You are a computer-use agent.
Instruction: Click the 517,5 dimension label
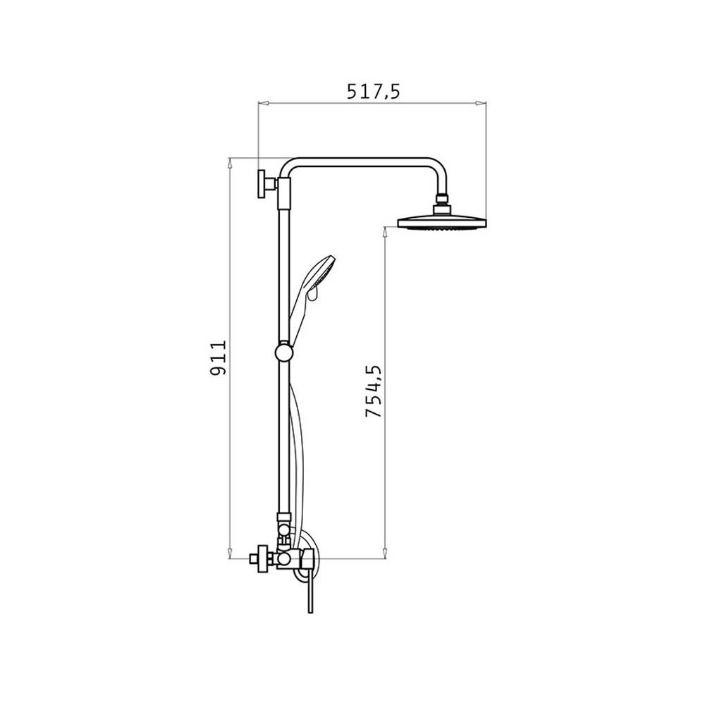(x=373, y=92)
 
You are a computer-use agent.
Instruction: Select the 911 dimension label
(x=219, y=358)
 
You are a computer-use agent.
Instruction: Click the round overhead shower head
(x=442, y=223)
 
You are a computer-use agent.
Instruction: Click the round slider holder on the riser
(x=283, y=352)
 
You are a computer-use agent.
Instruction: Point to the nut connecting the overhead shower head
(x=443, y=204)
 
